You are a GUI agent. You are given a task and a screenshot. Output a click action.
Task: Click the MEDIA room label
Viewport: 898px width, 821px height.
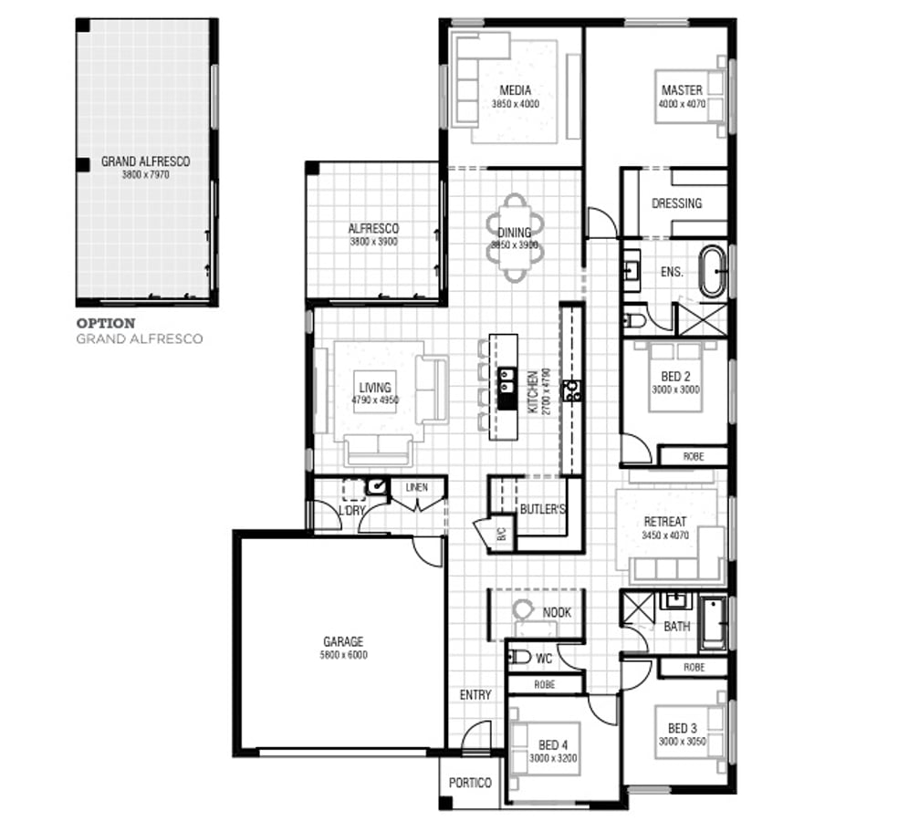click(515, 90)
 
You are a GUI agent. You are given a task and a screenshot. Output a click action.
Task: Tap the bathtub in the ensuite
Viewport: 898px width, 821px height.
click(712, 271)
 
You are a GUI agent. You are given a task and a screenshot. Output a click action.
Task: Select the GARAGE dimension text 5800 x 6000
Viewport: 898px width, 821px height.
click(342, 654)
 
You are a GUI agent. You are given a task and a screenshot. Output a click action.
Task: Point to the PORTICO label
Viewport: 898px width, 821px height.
click(470, 783)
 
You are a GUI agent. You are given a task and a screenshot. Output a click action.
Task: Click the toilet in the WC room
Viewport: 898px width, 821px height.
click(518, 657)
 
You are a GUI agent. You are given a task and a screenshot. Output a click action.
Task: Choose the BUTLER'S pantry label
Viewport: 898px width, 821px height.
click(542, 509)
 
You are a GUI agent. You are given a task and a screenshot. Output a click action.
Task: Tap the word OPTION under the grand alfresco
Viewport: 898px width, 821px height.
click(106, 323)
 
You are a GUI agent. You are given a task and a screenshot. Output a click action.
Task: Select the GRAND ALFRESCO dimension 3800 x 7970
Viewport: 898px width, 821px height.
click(145, 173)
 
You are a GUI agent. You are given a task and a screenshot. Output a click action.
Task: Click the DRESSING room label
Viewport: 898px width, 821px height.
click(676, 203)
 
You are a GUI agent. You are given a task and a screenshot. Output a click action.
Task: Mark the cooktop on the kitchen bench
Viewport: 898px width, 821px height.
click(572, 391)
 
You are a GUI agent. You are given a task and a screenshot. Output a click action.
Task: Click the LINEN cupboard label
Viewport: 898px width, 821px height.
click(416, 488)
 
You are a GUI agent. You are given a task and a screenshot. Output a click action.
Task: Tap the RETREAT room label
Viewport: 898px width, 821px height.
click(664, 522)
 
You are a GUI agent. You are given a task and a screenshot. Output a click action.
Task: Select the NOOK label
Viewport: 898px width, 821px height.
click(557, 612)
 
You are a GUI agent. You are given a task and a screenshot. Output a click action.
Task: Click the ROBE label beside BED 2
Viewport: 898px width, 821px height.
click(694, 456)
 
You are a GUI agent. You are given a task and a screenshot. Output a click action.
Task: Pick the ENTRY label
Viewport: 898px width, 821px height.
click(475, 695)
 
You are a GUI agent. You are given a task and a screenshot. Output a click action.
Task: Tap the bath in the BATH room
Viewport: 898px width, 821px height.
click(713, 623)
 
